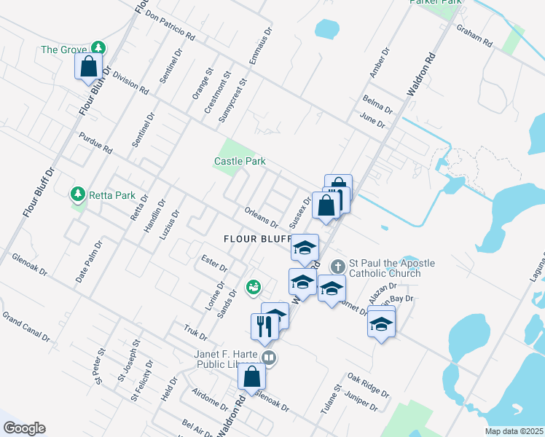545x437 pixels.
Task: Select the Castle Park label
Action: point(240,161)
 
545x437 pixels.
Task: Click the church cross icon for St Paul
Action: point(337,266)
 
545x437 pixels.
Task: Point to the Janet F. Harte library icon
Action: point(269,357)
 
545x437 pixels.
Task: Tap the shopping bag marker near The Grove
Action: point(88,67)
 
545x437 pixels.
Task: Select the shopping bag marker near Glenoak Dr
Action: point(251,377)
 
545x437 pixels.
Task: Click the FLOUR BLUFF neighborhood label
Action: point(257,238)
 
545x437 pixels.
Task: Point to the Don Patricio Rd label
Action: point(170,25)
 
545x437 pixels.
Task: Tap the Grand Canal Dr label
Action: point(26,327)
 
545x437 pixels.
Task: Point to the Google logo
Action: point(24,428)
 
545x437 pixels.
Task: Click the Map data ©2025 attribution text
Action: point(513,431)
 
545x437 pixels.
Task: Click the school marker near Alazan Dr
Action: point(381,323)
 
